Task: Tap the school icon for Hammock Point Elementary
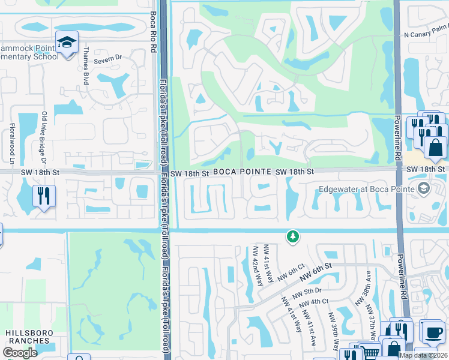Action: pyautogui.click(x=67, y=42)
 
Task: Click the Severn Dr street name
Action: pyautogui.click(x=110, y=58)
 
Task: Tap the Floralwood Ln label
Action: pyautogui.click(x=11, y=143)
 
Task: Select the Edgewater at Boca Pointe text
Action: pyautogui.click(x=367, y=189)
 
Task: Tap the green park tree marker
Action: pyautogui.click(x=293, y=237)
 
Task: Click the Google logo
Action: pyautogui.click(x=20, y=352)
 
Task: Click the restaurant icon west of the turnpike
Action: pyautogui.click(x=43, y=195)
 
